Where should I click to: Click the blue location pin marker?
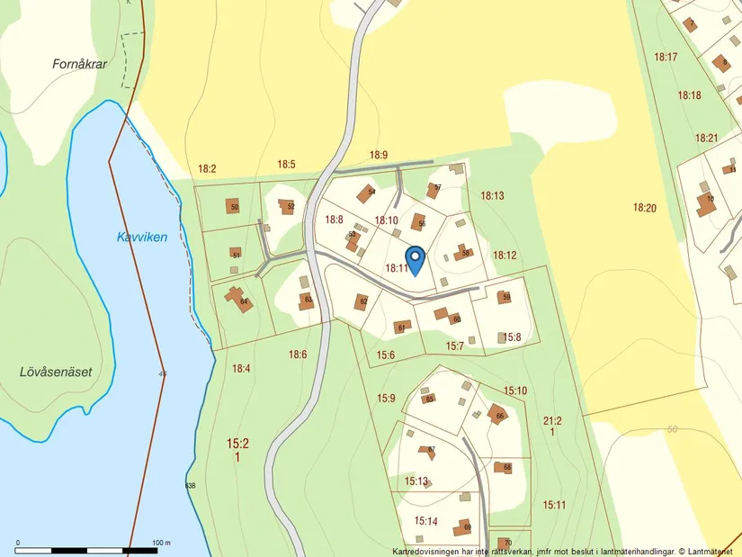(416, 260)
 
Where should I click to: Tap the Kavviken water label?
(142, 238)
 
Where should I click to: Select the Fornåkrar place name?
(79, 65)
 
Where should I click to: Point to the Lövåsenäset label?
(56, 371)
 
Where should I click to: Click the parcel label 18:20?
(645, 208)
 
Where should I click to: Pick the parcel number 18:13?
(492, 195)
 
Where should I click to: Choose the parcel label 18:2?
(207, 168)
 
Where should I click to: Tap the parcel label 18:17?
(666, 57)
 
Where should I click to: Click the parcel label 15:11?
(554, 505)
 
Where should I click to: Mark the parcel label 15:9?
(387, 398)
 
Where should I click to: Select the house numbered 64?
(239, 299)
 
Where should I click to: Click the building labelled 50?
(234, 206)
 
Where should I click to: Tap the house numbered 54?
(367, 193)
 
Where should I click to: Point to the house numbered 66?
(498, 415)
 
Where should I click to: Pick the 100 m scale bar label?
(162, 543)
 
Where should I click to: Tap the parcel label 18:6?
(298, 355)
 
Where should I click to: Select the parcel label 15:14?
(426, 521)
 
